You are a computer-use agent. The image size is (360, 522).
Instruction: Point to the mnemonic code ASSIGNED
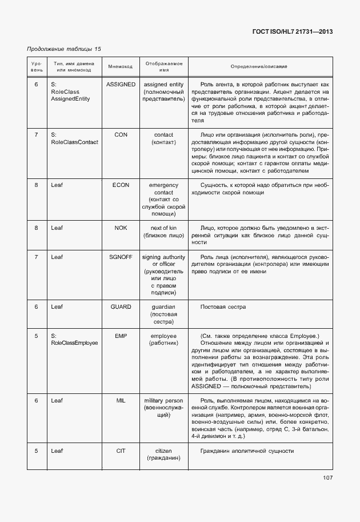click(121, 84)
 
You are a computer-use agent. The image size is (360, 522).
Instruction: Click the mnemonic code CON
click(121, 134)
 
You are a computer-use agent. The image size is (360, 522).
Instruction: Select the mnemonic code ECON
click(121, 185)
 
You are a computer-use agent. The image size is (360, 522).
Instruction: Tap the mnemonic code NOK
click(121, 228)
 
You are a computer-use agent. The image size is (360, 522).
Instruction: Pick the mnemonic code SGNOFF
click(121, 257)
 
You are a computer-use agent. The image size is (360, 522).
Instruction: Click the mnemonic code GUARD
click(121, 307)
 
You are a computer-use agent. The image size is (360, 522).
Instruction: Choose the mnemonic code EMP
click(121, 336)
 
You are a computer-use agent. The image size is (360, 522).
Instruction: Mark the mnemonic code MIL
click(121, 400)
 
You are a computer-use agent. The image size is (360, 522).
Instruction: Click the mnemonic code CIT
click(121, 451)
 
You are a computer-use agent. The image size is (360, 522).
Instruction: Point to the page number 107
click(327, 477)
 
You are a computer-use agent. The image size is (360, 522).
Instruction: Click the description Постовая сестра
click(223, 307)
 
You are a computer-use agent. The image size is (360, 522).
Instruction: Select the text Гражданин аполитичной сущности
click(247, 451)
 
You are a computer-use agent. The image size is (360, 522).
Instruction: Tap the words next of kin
click(163, 228)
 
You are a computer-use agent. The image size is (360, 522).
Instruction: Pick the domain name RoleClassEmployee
click(74, 343)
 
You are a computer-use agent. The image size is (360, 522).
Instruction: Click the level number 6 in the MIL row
click(36, 400)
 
